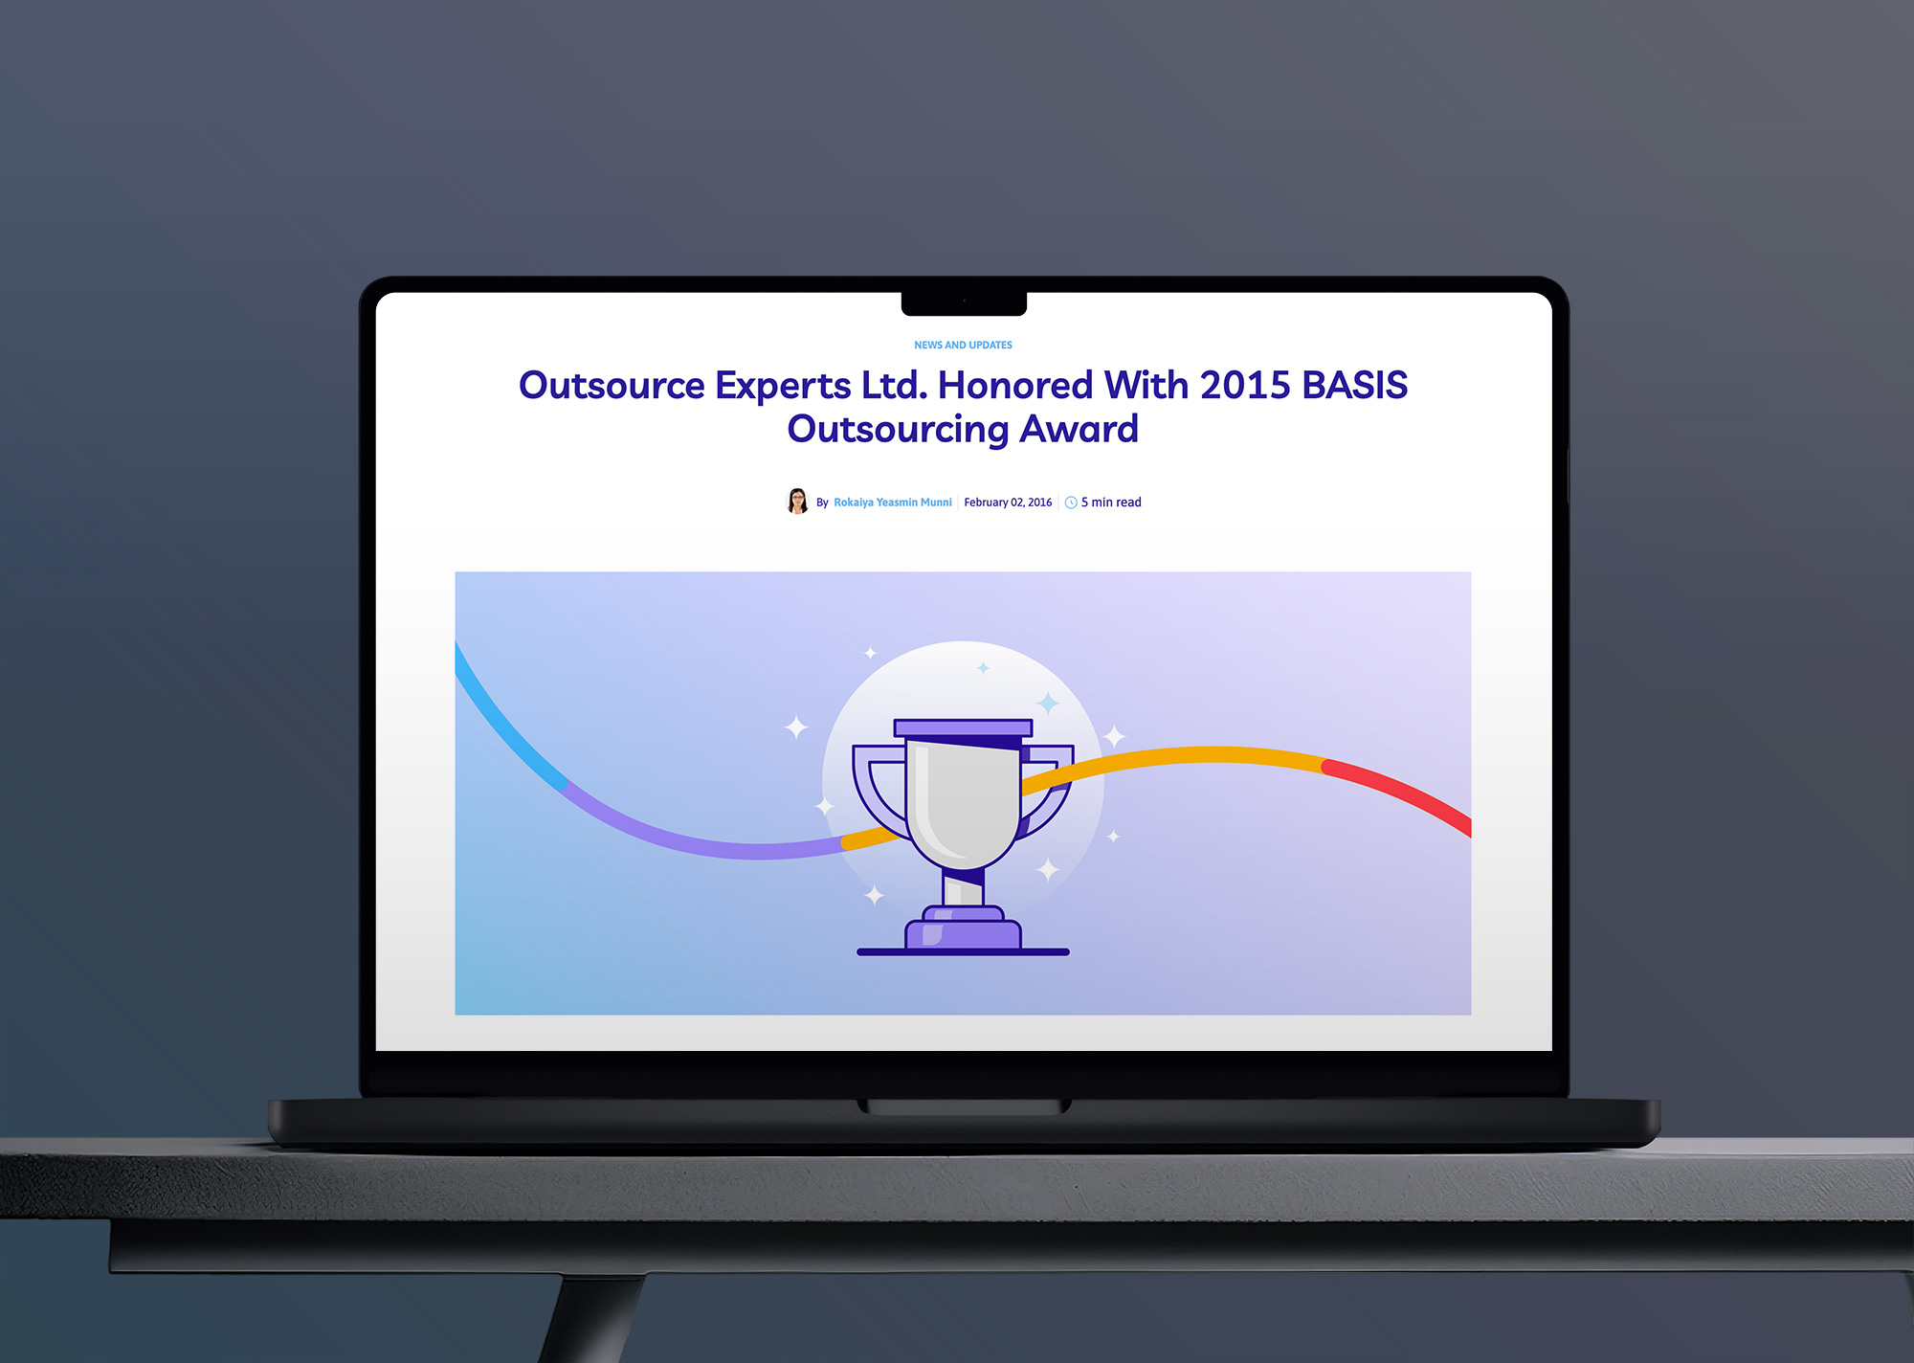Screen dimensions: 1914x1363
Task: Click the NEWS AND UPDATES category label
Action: [963, 345]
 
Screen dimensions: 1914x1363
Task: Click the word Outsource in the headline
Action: [612, 385]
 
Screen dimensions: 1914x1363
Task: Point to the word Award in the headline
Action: [1079, 429]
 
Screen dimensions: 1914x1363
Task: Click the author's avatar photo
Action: [797, 501]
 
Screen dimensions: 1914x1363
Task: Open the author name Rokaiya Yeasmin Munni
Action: [893, 503]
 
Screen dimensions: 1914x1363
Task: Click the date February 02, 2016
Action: [1008, 503]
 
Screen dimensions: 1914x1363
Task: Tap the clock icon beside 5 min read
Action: [1071, 503]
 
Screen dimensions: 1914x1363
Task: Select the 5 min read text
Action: [1111, 503]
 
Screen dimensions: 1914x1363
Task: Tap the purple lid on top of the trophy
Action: [963, 728]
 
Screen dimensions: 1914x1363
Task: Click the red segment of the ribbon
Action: [1398, 793]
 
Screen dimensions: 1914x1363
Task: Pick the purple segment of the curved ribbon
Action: [699, 838]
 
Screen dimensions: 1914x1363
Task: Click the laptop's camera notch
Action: [964, 303]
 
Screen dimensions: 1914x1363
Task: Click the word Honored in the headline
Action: [1015, 385]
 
